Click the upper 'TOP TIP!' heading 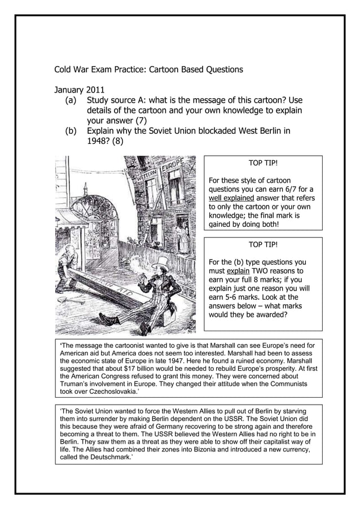263,163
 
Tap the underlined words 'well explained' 229,198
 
